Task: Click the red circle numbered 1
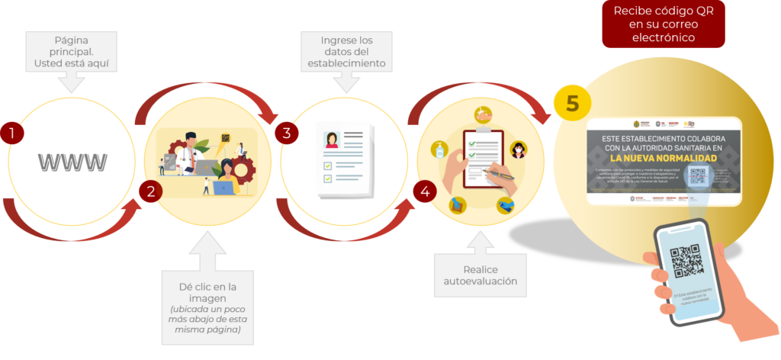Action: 11,133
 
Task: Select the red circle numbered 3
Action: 286,133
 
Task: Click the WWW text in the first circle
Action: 72,162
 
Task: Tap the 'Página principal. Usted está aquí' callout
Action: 72,52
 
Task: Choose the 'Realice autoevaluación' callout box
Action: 480,275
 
